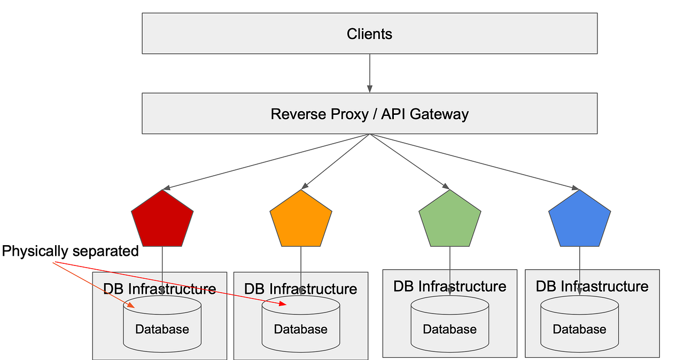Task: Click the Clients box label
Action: pos(369,34)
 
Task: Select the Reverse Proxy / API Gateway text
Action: pos(369,114)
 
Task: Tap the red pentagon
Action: pos(162,221)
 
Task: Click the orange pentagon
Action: pos(301,221)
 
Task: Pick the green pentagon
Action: pos(449,221)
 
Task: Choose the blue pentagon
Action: pos(579,221)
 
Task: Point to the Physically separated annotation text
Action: pos(71,251)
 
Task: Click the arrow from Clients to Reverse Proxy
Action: pos(369,73)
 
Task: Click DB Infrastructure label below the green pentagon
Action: pos(449,286)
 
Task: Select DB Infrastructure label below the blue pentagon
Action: pos(592,286)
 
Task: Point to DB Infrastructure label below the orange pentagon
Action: pos(300,289)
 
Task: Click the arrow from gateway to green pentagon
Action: pos(409,161)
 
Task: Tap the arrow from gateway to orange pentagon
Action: pos(335,161)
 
